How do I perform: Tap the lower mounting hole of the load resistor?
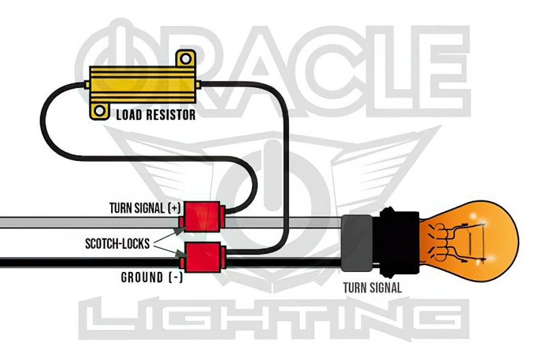100,110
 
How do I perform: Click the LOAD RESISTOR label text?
155,115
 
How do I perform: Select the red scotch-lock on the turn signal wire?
202,216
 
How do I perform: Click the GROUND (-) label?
151,277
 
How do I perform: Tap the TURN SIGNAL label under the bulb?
371,287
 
